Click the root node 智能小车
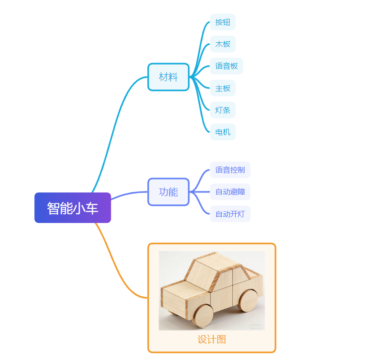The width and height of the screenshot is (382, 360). (x=73, y=208)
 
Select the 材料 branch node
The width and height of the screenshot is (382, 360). (x=168, y=77)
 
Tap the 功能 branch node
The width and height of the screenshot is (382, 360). (x=168, y=192)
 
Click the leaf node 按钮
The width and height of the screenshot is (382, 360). (x=222, y=22)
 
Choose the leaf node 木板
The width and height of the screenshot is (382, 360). (x=222, y=44)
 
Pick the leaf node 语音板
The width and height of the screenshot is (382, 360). (x=226, y=66)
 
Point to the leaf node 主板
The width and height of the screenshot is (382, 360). (x=222, y=89)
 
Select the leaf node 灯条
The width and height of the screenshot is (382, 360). (x=222, y=110)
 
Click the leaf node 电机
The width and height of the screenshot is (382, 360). (x=222, y=132)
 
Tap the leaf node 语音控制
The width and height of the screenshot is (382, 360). (x=230, y=170)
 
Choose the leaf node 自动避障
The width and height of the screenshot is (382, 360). (x=230, y=192)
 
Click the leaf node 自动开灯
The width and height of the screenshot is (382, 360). (x=230, y=214)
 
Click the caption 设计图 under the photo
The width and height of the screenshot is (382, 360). (x=212, y=340)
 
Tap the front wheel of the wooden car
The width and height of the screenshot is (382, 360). (x=203, y=315)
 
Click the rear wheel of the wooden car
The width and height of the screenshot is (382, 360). (x=247, y=300)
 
